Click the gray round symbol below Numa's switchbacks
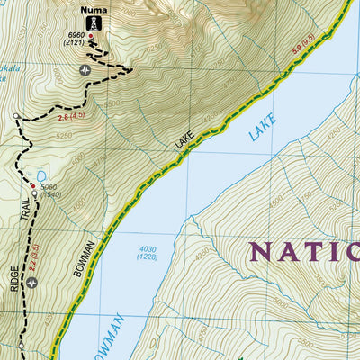(85, 69)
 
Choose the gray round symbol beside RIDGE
(33, 283)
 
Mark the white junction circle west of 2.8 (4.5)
(16, 116)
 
